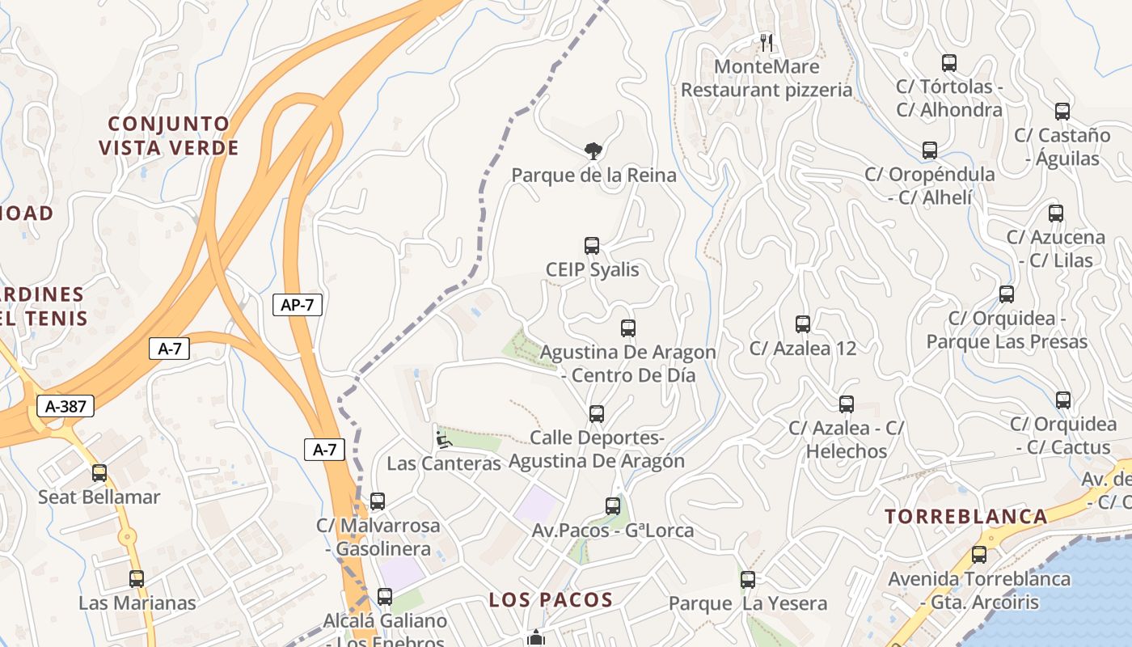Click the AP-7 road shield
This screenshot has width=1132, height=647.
pos(298,305)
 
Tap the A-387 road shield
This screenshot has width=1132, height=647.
pos(65,406)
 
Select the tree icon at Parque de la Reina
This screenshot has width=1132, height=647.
pos(593,150)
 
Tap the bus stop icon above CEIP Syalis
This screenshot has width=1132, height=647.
pos(592,246)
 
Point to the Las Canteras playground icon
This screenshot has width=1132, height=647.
pos(442,440)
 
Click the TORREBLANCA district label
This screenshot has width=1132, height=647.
pos(965,517)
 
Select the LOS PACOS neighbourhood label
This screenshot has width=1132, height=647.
pos(551,600)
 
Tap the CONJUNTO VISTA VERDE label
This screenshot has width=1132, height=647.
pos(170,136)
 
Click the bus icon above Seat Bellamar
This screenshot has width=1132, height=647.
pos(99,473)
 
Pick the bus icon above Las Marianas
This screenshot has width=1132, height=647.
pos(137,579)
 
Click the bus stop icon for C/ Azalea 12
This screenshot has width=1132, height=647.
pos(803,324)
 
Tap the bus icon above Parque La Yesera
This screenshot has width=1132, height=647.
pos(748,579)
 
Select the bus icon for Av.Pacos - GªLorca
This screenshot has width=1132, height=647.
pos(613,506)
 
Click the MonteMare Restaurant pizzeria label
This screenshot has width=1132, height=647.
pos(767,78)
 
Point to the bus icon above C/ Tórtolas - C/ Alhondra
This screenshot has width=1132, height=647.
pos(949,63)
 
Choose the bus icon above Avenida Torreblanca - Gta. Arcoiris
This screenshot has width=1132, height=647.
pos(979,555)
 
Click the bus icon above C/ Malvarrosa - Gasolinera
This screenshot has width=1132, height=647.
pos(378,501)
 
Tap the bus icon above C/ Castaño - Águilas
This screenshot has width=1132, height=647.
pos(1062,112)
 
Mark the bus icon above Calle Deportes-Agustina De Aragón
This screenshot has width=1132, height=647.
pos(597,414)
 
